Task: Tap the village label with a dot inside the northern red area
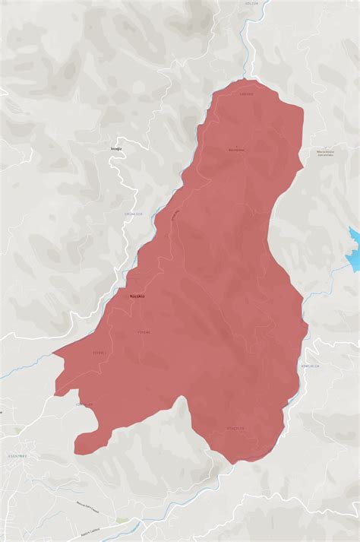[x=236, y=149]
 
